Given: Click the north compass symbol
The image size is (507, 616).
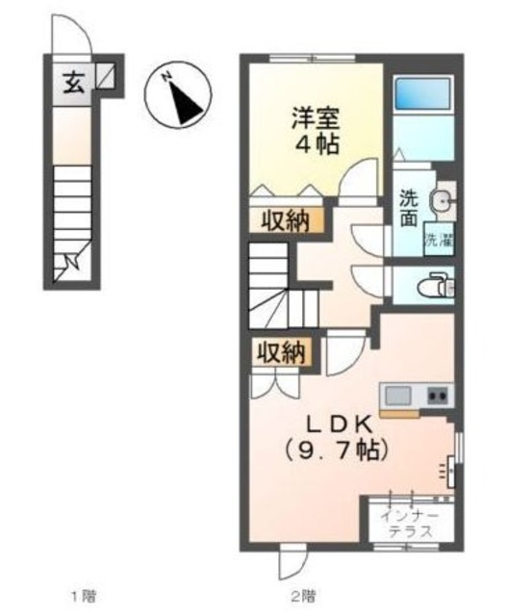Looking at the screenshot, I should tap(177, 93).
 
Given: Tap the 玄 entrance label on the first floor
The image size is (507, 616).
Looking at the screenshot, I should tap(74, 83).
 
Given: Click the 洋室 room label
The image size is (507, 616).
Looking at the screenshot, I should tap(317, 120).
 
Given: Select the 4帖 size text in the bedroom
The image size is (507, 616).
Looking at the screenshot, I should tap(317, 146).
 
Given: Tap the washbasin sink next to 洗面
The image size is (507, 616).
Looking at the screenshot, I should tap(442, 201).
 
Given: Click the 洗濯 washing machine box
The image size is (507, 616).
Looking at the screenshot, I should tap(438, 240).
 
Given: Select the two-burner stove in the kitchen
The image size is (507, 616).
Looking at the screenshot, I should tap(439, 395).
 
